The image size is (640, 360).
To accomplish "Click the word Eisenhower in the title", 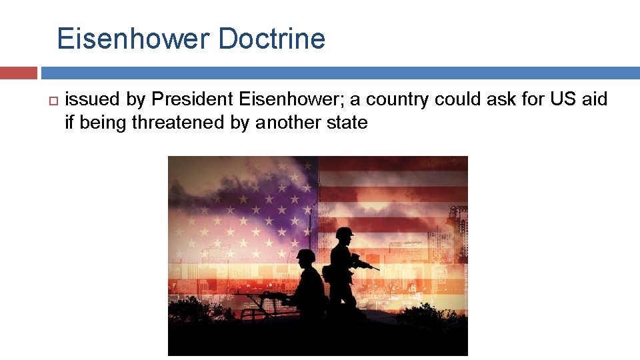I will pos(132,39).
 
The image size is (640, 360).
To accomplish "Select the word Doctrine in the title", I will pos(271,39).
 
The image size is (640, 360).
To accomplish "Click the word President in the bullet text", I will pos(191,99).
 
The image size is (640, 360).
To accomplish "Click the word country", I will pos(398,99).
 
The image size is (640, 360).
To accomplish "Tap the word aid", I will pos(594,99).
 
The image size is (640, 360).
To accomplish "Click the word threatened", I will pos(173,122).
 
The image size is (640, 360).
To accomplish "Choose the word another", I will pos(291,122).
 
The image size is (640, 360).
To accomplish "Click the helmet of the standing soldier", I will pos(344,233).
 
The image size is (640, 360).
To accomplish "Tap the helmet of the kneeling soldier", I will pos(306,256).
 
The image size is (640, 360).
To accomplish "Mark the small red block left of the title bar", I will pos(19,73).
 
